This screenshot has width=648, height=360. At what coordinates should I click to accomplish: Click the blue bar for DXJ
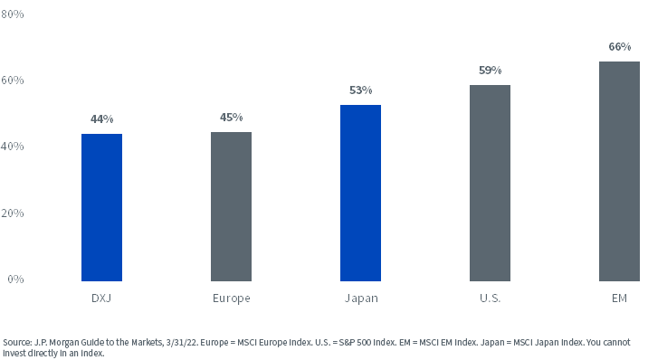[x=101, y=207]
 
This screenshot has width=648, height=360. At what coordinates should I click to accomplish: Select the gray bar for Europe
[x=231, y=206]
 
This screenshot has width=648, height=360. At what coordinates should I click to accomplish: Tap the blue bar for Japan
[x=360, y=193]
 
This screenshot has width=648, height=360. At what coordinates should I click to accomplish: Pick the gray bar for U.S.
[x=490, y=183]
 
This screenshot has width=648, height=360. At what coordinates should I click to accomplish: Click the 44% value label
[x=101, y=119]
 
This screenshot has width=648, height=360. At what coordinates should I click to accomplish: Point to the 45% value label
[x=231, y=118]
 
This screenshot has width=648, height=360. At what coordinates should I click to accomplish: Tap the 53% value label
[x=360, y=90]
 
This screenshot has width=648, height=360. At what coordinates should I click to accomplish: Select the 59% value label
[x=490, y=71]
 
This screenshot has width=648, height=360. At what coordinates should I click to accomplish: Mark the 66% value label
[x=619, y=46]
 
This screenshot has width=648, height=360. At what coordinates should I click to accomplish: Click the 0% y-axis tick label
[x=15, y=279]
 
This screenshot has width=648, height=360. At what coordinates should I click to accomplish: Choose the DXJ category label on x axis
[x=101, y=298]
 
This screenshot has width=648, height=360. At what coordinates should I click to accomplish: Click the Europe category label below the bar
[x=231, y=298]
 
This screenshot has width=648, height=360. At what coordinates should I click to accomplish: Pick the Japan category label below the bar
[x=360, y=298]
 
